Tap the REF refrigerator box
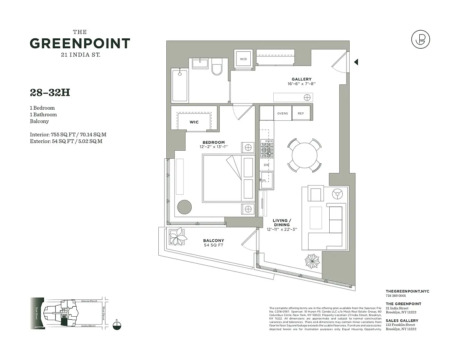click(x=301, y=113)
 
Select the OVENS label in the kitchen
click(x=283, y=113)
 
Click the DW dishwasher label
click(x=266, y=165)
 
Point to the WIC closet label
click(x=194, y=122)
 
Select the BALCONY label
click(x=214, y=240)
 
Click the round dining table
click(x=305, y=155)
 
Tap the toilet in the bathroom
click(x=217, y=68)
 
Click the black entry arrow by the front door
click(x=356, y=62)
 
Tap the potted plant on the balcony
click(x=177, y=237)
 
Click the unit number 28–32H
click(x=50, y=92)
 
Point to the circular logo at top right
click(x=420, y=39)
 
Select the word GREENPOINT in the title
click(x=80, y=43)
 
